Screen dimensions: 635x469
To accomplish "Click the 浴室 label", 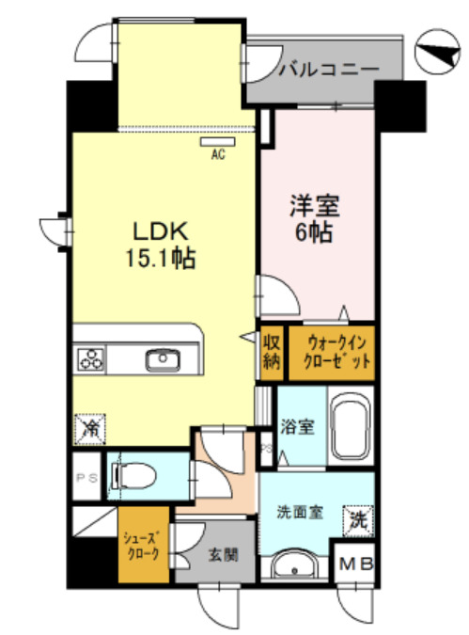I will [x=298, y=425].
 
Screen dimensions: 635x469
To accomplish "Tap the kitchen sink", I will [x=163, y=358].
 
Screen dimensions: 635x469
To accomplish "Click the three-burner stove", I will [x=91, y=358].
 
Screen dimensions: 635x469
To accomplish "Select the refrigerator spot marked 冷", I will [x=91, y=429].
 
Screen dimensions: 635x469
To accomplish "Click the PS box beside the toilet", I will [x=86, y=478].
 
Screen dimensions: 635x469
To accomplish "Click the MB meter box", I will [x=357, y=564].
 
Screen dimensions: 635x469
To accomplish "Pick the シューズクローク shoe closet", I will [x=143, y=547].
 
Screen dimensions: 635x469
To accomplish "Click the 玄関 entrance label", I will [x=217, y=554].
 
